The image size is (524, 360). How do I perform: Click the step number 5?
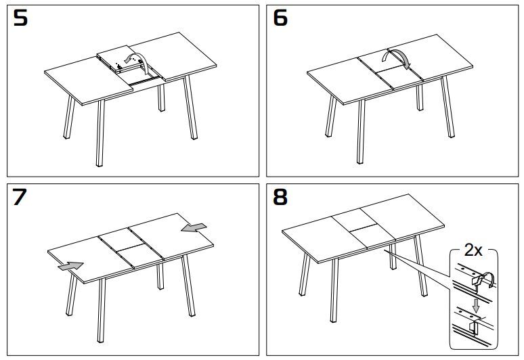21,18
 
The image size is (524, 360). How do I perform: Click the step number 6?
280,18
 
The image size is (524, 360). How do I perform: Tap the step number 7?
21,197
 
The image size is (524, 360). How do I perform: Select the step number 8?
280,197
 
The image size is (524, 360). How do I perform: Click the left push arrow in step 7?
71,266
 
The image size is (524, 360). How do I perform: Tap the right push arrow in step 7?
195,229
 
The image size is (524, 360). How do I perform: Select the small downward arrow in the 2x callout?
477,306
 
